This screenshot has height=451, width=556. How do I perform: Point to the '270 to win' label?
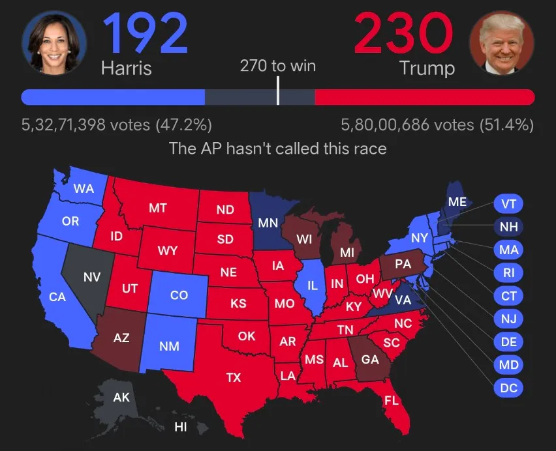(278, 66)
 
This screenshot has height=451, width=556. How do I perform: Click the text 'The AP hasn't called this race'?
(278, 148)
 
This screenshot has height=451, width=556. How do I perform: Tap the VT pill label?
(508, 204)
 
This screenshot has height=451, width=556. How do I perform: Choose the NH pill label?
(508, 227)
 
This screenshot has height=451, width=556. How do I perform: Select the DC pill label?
(508, 387)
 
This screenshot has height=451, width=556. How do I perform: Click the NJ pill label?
(508, 318)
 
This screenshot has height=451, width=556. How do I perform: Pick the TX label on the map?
(233, 377)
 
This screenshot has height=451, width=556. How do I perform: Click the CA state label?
(57, 297)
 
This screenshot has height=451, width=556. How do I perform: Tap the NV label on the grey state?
(92, 276)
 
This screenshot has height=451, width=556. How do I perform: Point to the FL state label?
(391, 400)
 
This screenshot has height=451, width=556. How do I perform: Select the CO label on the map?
(179, 295)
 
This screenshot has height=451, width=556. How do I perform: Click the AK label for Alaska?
(121, 397)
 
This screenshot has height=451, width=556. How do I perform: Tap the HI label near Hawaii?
(180, 428)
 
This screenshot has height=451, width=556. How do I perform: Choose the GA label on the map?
(370, 359)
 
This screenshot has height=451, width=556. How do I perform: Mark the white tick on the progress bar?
(278, 91)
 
